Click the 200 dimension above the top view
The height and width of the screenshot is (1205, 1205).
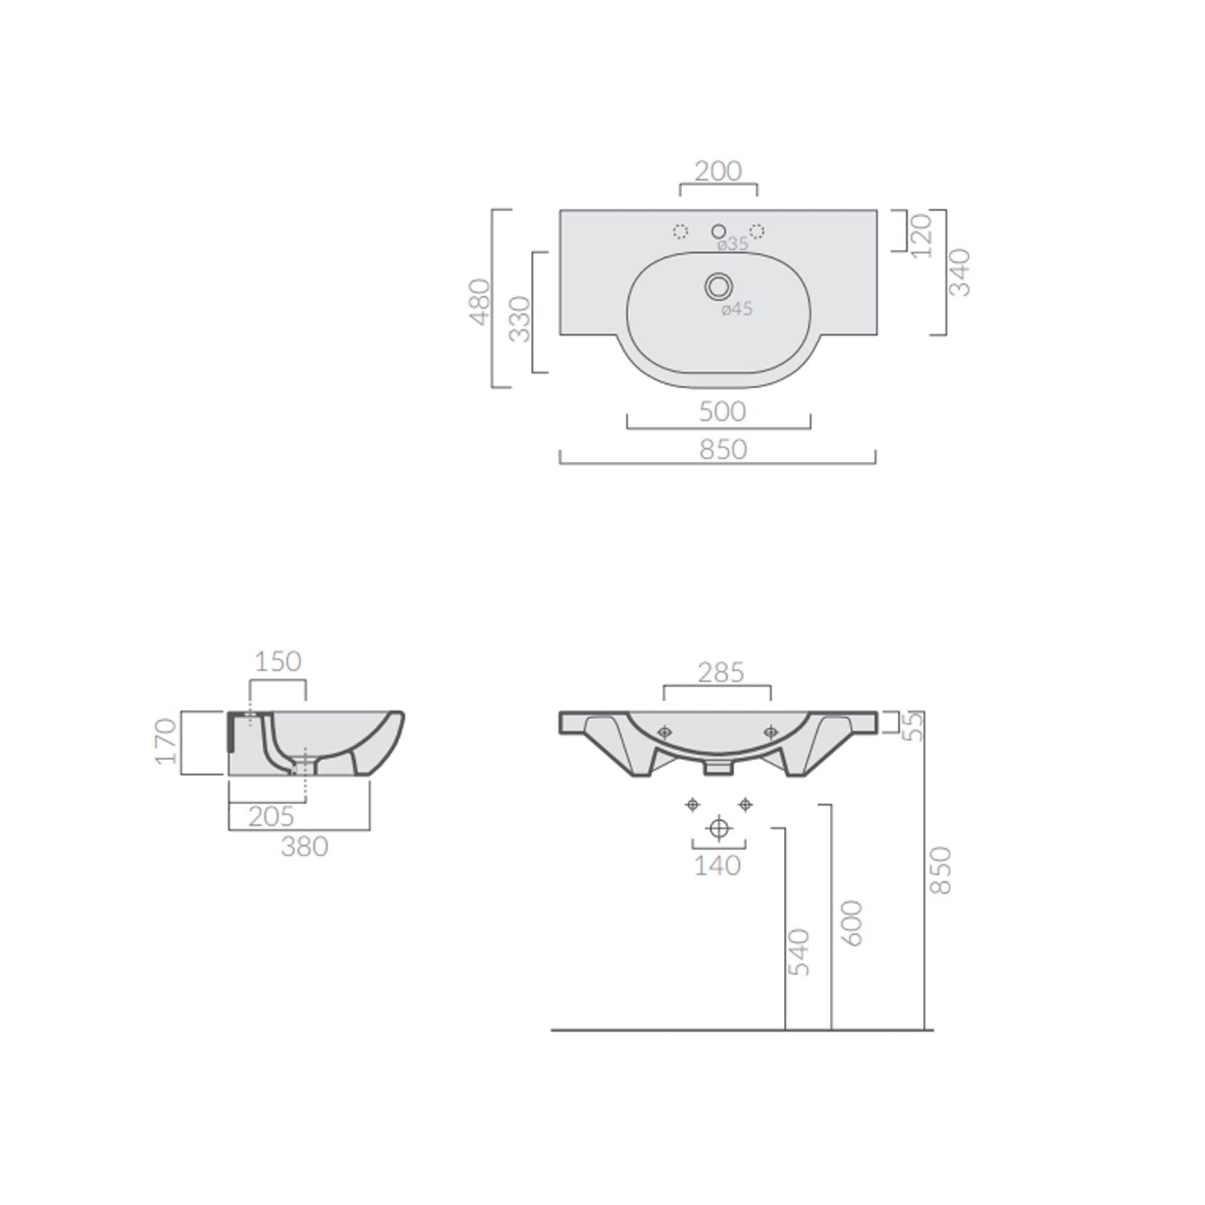(718, 171)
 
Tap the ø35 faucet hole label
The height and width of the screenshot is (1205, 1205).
(733, 244)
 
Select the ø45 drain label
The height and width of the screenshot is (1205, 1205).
(737, 308)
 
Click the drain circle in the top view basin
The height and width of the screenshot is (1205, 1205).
(718, 285)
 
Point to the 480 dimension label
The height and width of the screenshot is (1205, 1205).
(480, 301)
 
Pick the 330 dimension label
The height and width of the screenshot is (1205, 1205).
(521, 319)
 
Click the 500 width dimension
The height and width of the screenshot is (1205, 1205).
(722, 411)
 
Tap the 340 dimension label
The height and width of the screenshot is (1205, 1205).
(960, 272)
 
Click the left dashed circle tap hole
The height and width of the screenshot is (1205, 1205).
(680, 232)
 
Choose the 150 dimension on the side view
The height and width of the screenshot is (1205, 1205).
(278, 661)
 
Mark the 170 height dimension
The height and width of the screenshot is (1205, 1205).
(165, 741)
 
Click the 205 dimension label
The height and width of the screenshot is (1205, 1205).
(271, 816)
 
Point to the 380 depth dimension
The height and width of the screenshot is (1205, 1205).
(304, 846)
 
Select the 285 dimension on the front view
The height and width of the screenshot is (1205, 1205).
(721, 672)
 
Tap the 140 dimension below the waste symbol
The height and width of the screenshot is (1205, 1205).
(717, 865)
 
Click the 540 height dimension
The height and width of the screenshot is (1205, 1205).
(799, 952)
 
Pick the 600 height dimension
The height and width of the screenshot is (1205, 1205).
(852, 923)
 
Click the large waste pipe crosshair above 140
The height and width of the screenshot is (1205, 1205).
(719, 828)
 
